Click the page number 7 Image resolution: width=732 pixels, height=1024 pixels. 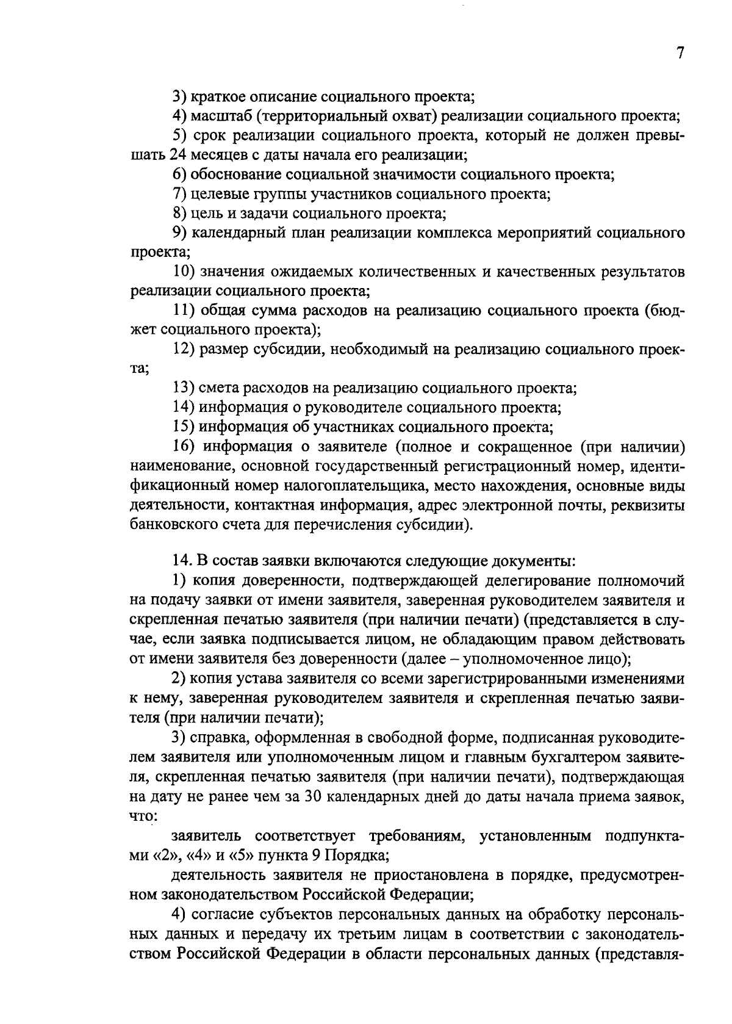[x=680, y=54]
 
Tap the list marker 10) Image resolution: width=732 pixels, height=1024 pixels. [x=186, y=272]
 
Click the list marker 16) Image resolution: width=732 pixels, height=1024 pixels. [x=186, y=447]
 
